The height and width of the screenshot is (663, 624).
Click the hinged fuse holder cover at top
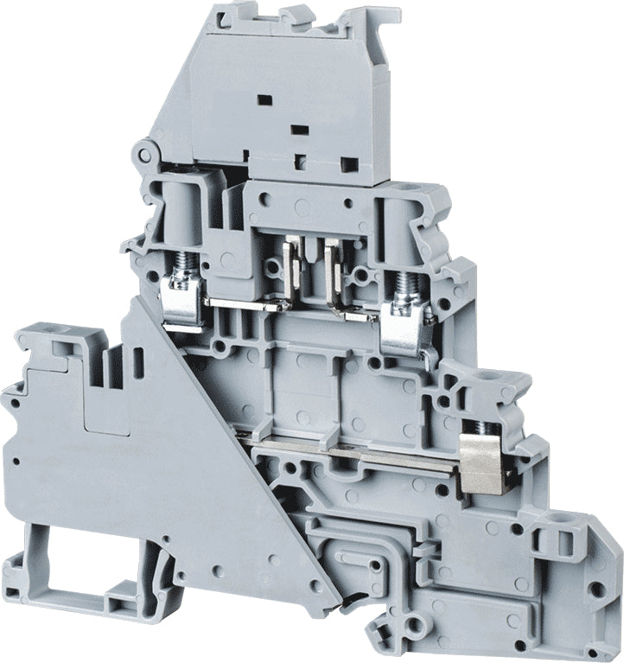tap(285, 95)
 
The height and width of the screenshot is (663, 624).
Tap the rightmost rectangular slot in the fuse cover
tap(349, 163)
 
